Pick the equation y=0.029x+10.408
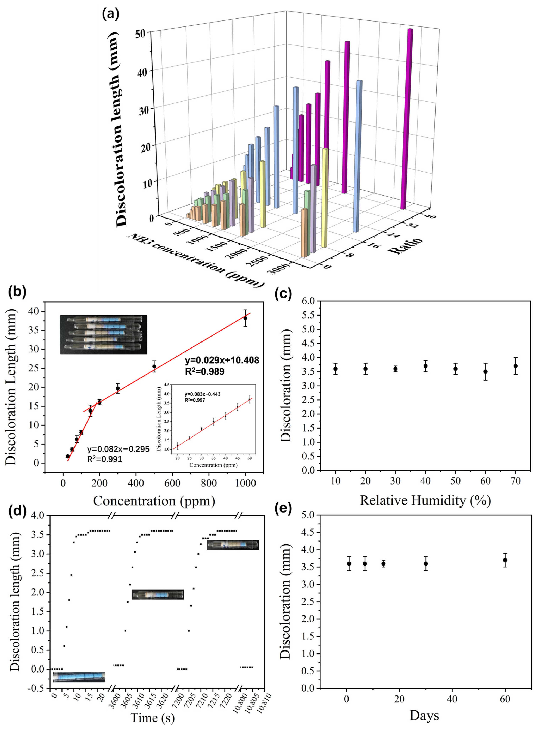click(x=222, y=360)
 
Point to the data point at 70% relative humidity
click(x=515, y=366)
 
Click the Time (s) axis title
click(x=152, y=717)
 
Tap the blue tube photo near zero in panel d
click(x=79, y=677)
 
